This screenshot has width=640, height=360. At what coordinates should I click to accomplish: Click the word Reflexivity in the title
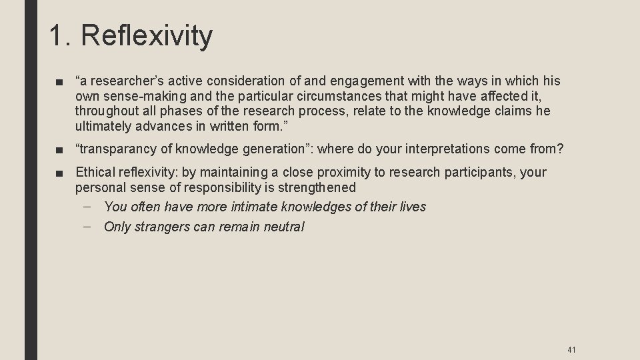(148, 35)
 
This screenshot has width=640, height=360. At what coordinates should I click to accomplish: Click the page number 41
(571, 349)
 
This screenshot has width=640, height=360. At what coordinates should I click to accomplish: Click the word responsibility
(222, 187)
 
